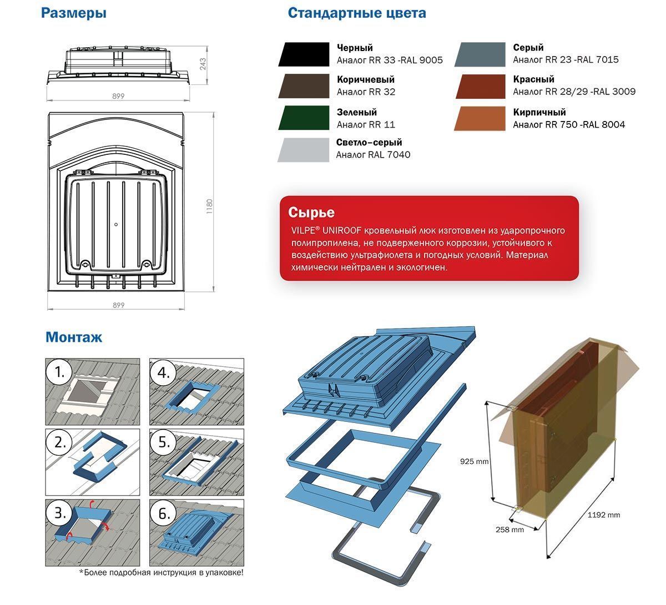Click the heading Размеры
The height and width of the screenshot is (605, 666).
(73, 13)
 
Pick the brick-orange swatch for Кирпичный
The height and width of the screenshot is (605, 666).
(480, 118)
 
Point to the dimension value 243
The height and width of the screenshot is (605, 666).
(203, 64)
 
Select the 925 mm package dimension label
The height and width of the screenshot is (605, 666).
(475, 461)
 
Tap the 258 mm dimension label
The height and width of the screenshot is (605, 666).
(509, 530)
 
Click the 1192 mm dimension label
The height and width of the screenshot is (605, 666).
(603, 515)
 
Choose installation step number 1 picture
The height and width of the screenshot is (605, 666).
(93, 392)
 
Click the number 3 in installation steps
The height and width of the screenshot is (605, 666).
(60, 513)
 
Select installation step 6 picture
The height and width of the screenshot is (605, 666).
(196, 533)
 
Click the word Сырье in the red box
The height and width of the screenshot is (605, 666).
(311, 213)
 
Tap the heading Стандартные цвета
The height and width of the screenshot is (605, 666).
(357, 13)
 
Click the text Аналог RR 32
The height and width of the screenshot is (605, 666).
(366, 92)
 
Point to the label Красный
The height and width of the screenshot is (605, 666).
(533, 79)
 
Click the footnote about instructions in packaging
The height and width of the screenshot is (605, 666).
(161, 573)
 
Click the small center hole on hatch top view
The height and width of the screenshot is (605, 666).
(116, 225)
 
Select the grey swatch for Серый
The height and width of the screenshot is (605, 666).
(480, 54)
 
